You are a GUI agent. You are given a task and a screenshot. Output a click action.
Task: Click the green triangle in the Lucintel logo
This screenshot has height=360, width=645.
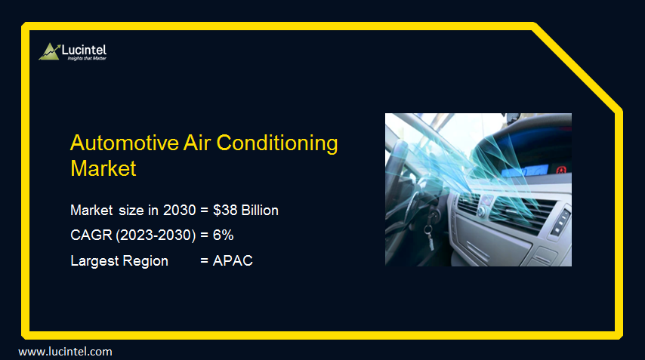[x=50, y=51]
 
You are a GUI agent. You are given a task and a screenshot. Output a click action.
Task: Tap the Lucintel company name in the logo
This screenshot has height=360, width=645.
[x=83, y=49]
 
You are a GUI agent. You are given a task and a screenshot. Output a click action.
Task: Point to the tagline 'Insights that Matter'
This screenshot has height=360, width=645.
[x=83, y=58]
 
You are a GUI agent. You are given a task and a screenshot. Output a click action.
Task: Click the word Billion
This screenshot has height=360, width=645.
[x=260, y=211]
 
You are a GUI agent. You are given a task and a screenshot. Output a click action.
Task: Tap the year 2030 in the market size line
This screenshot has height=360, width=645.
[x=179, y=211]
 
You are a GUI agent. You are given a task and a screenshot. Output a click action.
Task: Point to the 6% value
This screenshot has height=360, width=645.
[x=223, y=235]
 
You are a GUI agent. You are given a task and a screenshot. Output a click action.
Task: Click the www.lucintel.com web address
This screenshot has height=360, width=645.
[x=65, y=352]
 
